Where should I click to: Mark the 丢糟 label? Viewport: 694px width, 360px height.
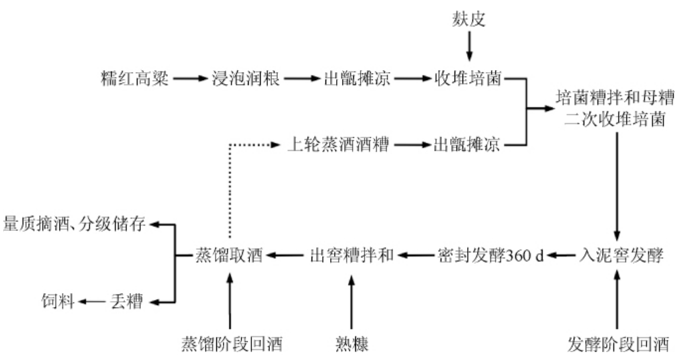point(128,302)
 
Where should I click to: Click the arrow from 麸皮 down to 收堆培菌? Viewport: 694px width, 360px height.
point(468,48)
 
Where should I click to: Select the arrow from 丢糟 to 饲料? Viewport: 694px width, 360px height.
point(92,302)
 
